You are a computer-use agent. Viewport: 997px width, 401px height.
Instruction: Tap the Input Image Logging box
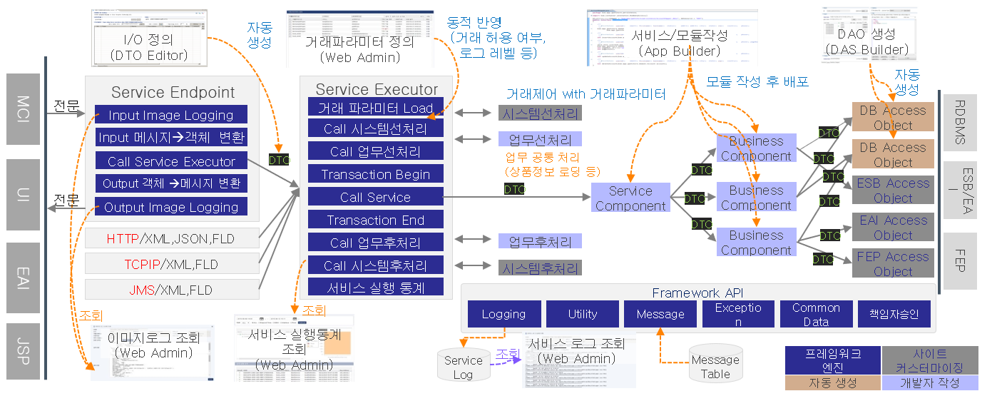171,115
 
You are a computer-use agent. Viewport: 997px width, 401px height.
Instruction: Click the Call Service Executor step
171,161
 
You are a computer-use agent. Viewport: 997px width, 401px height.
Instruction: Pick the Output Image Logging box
171,207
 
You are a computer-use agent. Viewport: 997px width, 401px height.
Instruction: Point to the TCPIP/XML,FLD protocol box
171,264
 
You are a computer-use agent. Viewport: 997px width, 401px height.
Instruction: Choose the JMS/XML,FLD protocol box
171,290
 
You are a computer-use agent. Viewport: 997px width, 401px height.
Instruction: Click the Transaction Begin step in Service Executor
376,174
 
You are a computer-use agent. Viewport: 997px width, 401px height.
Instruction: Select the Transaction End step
376,220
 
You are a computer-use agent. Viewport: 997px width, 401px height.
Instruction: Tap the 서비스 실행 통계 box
376,288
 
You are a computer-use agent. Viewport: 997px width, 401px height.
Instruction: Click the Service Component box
630,198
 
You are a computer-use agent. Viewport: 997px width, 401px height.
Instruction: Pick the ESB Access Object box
893,191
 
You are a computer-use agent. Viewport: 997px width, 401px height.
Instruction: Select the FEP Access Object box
893,264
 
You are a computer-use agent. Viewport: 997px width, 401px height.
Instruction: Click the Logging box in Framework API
503,314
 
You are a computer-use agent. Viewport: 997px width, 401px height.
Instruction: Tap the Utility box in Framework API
583,314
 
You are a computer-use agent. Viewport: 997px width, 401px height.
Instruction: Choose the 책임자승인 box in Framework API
894,314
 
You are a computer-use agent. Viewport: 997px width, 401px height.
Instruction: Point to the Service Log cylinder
463,366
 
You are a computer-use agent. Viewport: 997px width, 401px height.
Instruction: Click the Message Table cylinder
715,366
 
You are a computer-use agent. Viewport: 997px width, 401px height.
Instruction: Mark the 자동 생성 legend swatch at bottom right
832,383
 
